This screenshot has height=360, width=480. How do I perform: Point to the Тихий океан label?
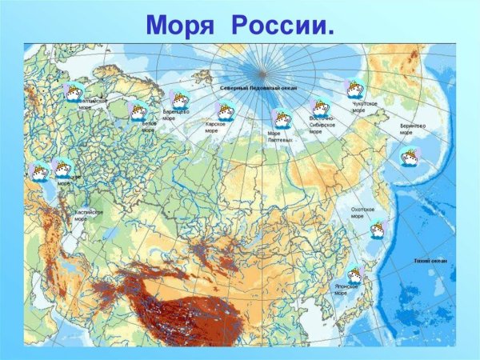coord(430,261)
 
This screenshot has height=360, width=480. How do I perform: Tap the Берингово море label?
coord(413,129)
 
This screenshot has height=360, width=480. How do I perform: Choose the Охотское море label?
coord(362,213)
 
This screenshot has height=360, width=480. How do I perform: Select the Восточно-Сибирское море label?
coord(322,125)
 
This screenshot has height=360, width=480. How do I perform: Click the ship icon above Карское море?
coord(225,112)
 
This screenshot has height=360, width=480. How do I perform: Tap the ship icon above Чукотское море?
coord(354,89)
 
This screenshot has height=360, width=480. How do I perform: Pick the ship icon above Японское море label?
coord(354,275)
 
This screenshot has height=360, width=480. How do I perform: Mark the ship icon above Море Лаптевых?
coord(281,118)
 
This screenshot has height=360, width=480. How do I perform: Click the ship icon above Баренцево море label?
coord(179,100)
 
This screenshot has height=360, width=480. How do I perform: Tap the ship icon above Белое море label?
coord(139,110)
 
